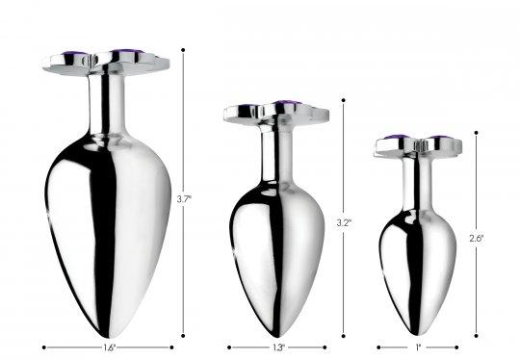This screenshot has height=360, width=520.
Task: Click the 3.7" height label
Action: (184, 199)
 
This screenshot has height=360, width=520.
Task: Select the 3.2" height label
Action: (344, 222)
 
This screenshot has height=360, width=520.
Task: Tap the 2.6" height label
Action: (477, 239)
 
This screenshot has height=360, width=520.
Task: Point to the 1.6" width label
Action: (109, 347)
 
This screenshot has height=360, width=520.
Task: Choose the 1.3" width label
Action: (278, 347)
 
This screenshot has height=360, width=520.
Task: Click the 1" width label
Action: (418, 347)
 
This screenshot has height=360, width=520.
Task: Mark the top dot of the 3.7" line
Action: (183, 50)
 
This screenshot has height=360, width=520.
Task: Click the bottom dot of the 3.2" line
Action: (344, 336)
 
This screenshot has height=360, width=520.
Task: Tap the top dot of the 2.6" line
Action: (477, 133)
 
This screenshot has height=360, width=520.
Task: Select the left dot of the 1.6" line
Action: (44, 347)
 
